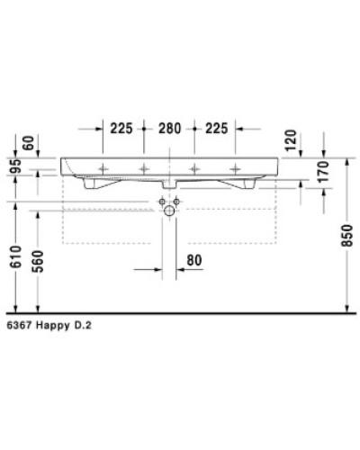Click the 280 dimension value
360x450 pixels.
168,129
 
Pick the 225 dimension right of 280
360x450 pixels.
216,129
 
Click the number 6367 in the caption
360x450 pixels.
17,330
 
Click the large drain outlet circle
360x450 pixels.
168,211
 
